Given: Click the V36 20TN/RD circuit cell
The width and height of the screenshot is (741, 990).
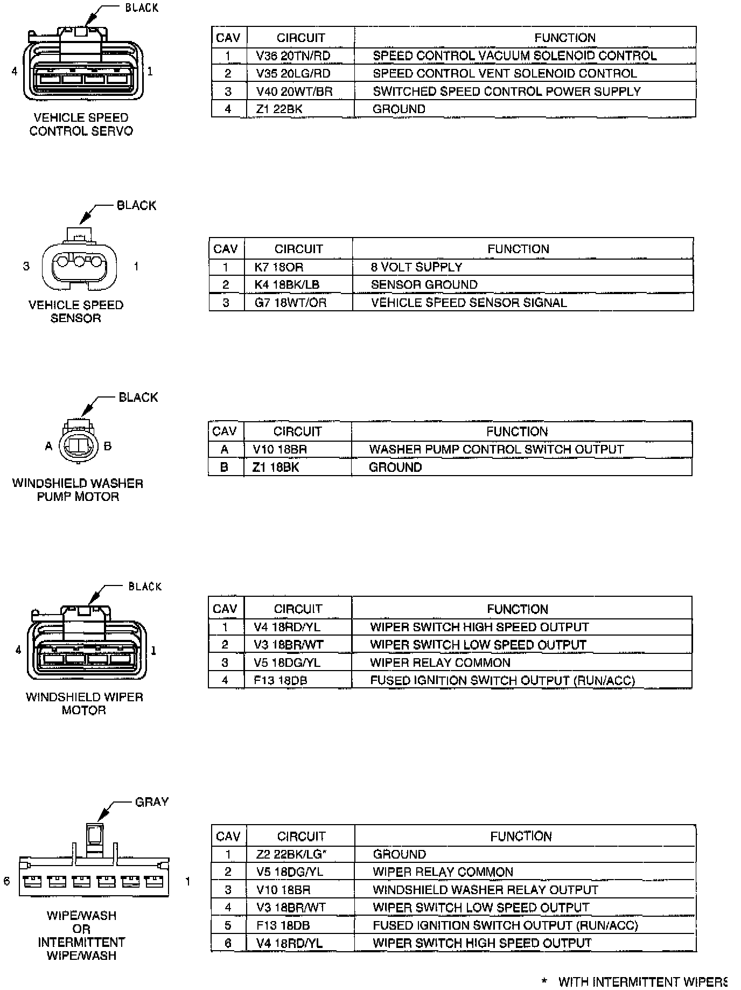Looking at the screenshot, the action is point(293,55).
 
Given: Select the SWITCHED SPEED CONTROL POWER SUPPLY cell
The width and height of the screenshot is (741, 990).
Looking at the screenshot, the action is point(506,91).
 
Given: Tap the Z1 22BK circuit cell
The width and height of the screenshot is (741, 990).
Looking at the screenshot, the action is point(279,109).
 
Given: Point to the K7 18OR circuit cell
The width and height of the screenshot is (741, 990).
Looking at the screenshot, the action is point(278,267).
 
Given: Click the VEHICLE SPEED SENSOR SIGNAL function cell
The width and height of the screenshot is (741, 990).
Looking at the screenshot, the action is point(469,302).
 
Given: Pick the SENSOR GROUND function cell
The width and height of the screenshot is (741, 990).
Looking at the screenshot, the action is point(424,284).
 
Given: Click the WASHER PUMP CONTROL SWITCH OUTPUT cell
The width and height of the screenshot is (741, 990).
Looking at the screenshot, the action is point(496,449).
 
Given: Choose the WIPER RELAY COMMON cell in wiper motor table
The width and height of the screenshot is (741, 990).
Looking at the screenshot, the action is point(440,663).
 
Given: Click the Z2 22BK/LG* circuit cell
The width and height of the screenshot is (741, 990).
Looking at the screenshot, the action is point(291,854).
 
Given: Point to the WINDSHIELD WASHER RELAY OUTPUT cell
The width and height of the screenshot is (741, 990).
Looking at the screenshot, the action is point(485,889).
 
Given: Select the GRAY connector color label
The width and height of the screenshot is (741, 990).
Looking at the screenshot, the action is point(151,802).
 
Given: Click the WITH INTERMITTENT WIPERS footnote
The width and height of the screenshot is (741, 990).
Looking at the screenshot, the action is point(641,981).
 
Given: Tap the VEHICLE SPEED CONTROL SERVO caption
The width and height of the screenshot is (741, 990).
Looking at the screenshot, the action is point(81,124).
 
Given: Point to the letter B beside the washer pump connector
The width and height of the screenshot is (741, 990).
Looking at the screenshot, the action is point(108,446).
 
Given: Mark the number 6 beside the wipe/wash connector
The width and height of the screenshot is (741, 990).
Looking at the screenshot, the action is point(7,881).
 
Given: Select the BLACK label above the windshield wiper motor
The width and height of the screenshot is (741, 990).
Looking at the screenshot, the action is point(144,586).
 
